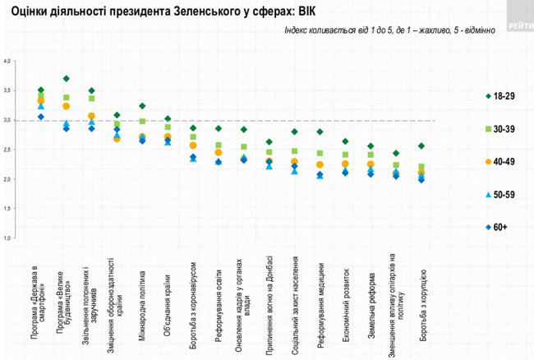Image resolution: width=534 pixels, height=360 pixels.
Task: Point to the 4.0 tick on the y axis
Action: click(x=7, y=62)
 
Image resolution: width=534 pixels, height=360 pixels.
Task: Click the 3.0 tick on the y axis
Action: click(x=7, y=120)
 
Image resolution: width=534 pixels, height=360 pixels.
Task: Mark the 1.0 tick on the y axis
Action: click(x=7, y=238)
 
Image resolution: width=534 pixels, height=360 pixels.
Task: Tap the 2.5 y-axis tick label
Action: click(x=7, y=150)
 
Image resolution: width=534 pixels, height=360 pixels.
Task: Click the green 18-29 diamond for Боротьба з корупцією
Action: click(x=421, y=146)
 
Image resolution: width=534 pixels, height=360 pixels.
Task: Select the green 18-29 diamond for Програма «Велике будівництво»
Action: click(x=66, y=79)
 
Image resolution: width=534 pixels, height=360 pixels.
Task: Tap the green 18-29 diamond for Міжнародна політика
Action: click(x=142, y=106)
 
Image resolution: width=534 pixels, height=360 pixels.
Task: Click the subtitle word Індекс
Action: click(x=298, y=30)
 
